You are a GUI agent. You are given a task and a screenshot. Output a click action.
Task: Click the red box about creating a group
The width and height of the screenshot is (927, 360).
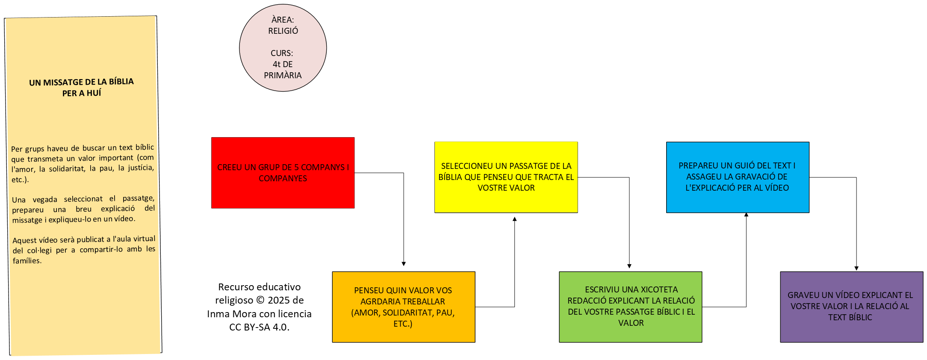point(283,173)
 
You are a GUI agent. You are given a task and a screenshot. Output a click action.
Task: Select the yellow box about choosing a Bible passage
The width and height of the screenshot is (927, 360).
point(506,177)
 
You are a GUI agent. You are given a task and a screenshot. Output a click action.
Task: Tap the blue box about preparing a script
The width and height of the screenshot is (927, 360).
point(737,177)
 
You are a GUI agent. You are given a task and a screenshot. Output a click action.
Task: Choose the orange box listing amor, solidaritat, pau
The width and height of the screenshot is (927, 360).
point(403,307)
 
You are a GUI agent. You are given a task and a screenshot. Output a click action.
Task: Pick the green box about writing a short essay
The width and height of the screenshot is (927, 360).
point(630,307)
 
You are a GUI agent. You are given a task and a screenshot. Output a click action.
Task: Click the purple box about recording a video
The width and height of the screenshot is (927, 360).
point(851,307)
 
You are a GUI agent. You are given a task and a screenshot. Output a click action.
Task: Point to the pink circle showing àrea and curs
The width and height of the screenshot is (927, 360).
point(283,47)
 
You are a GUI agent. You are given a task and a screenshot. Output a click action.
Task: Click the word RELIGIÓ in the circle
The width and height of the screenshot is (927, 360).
point(283,31)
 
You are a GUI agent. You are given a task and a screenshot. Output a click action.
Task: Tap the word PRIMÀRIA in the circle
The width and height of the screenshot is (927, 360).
point(283,75)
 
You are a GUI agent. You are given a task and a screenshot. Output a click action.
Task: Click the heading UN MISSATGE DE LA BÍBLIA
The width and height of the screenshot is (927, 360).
point(81,82)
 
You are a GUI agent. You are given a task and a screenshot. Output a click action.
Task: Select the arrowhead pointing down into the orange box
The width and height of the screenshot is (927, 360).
point(404,264)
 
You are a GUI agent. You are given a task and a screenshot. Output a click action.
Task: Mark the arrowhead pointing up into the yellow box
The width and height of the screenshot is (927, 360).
point(515,219)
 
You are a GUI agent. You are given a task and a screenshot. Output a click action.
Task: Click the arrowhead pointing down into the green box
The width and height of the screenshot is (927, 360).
point(629,266)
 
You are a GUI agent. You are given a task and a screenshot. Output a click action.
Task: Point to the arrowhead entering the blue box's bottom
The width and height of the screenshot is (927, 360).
point(746,215)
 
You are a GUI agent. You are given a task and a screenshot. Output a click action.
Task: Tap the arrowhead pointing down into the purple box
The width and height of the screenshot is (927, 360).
point(856,268)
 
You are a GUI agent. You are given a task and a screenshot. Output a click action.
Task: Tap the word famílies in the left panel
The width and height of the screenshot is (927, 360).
point(27,261)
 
